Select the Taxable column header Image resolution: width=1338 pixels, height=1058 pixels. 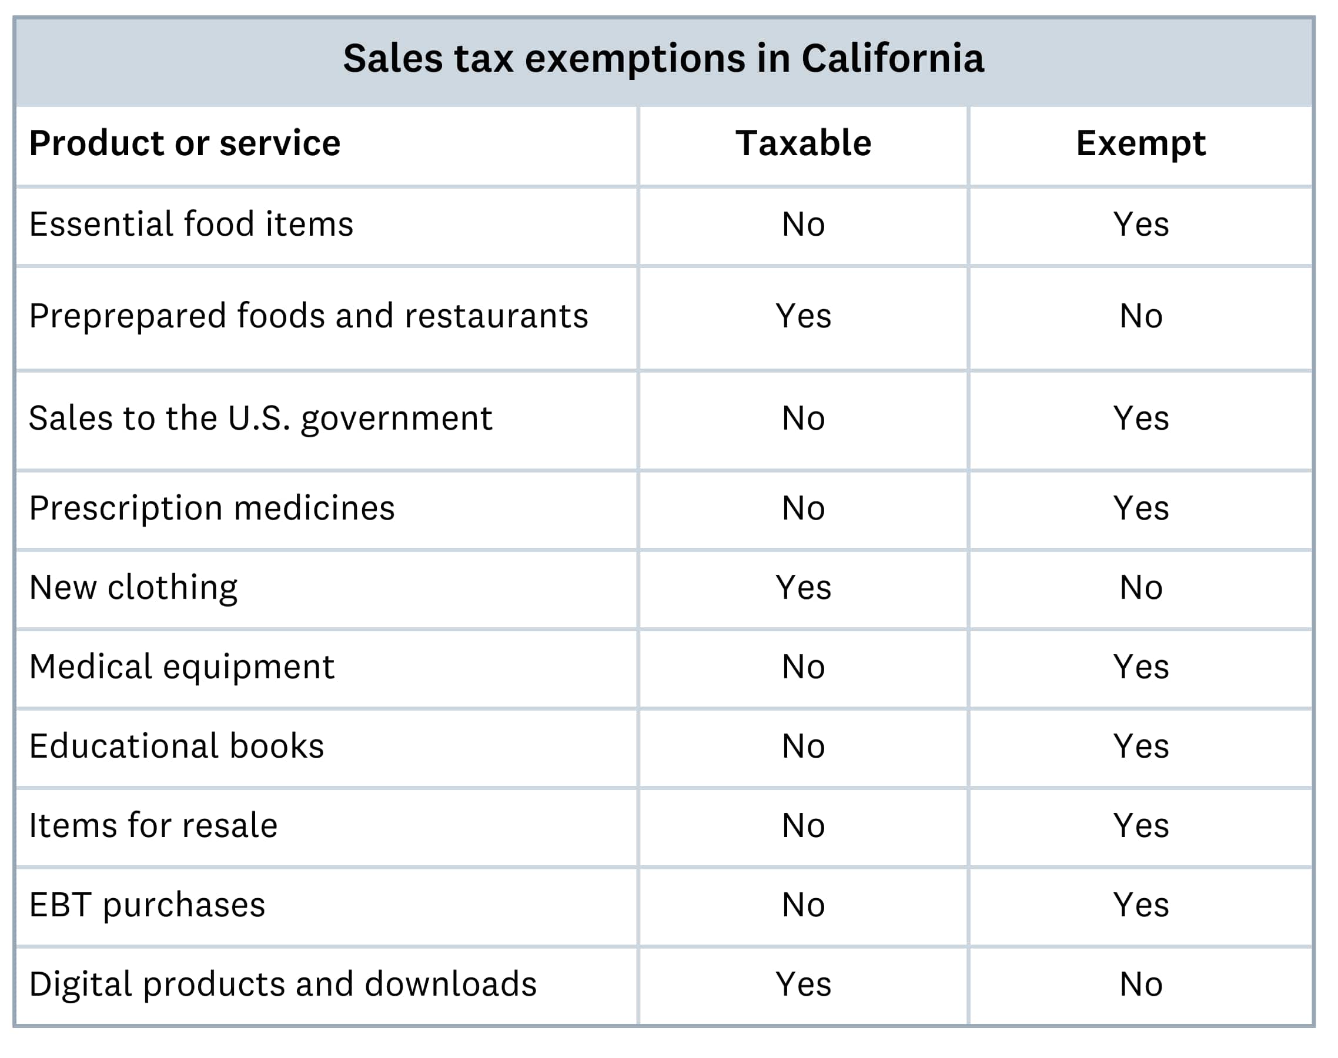[803, 143]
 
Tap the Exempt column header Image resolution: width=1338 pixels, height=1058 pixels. [1140, 143]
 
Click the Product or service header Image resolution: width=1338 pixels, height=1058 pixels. [185, 143]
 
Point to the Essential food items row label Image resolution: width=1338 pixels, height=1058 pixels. [191, 224]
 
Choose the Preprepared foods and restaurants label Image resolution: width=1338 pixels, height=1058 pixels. [309, 317]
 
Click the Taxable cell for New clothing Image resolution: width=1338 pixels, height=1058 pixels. [803, 587]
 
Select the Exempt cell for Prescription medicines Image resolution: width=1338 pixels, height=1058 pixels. [1140, 508]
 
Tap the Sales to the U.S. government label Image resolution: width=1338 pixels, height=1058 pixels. [260, 418]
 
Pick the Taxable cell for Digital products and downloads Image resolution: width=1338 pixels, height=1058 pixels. [803, 985]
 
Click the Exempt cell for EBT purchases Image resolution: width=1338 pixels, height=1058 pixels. [1140, 905]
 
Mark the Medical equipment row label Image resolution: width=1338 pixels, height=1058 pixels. [182, 667]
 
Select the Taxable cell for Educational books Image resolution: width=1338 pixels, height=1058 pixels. [803, 746]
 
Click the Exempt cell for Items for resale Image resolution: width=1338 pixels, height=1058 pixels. [1140, 826]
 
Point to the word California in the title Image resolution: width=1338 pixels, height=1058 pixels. [892, 59]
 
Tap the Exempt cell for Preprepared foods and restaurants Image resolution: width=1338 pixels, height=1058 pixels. [1140, 317]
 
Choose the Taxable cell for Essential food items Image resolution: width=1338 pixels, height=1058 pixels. [803, 224]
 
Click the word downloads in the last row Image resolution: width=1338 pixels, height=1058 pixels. [450, 985]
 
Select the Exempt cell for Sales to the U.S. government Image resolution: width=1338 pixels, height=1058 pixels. [1140, 418]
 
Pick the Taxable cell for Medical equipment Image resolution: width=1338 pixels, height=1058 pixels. [803, 667]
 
